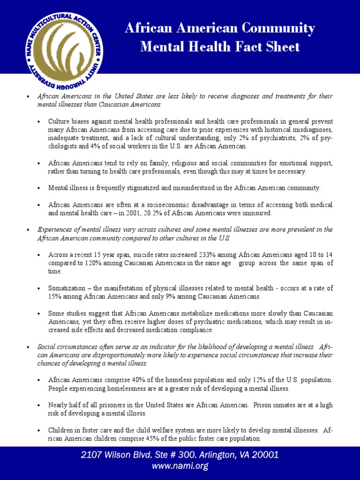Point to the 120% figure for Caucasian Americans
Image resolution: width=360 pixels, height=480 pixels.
tap(90, 263)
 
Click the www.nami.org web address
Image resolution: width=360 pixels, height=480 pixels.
tap(180, 466)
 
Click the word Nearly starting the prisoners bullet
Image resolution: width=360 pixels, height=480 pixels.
tap(58, 405)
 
